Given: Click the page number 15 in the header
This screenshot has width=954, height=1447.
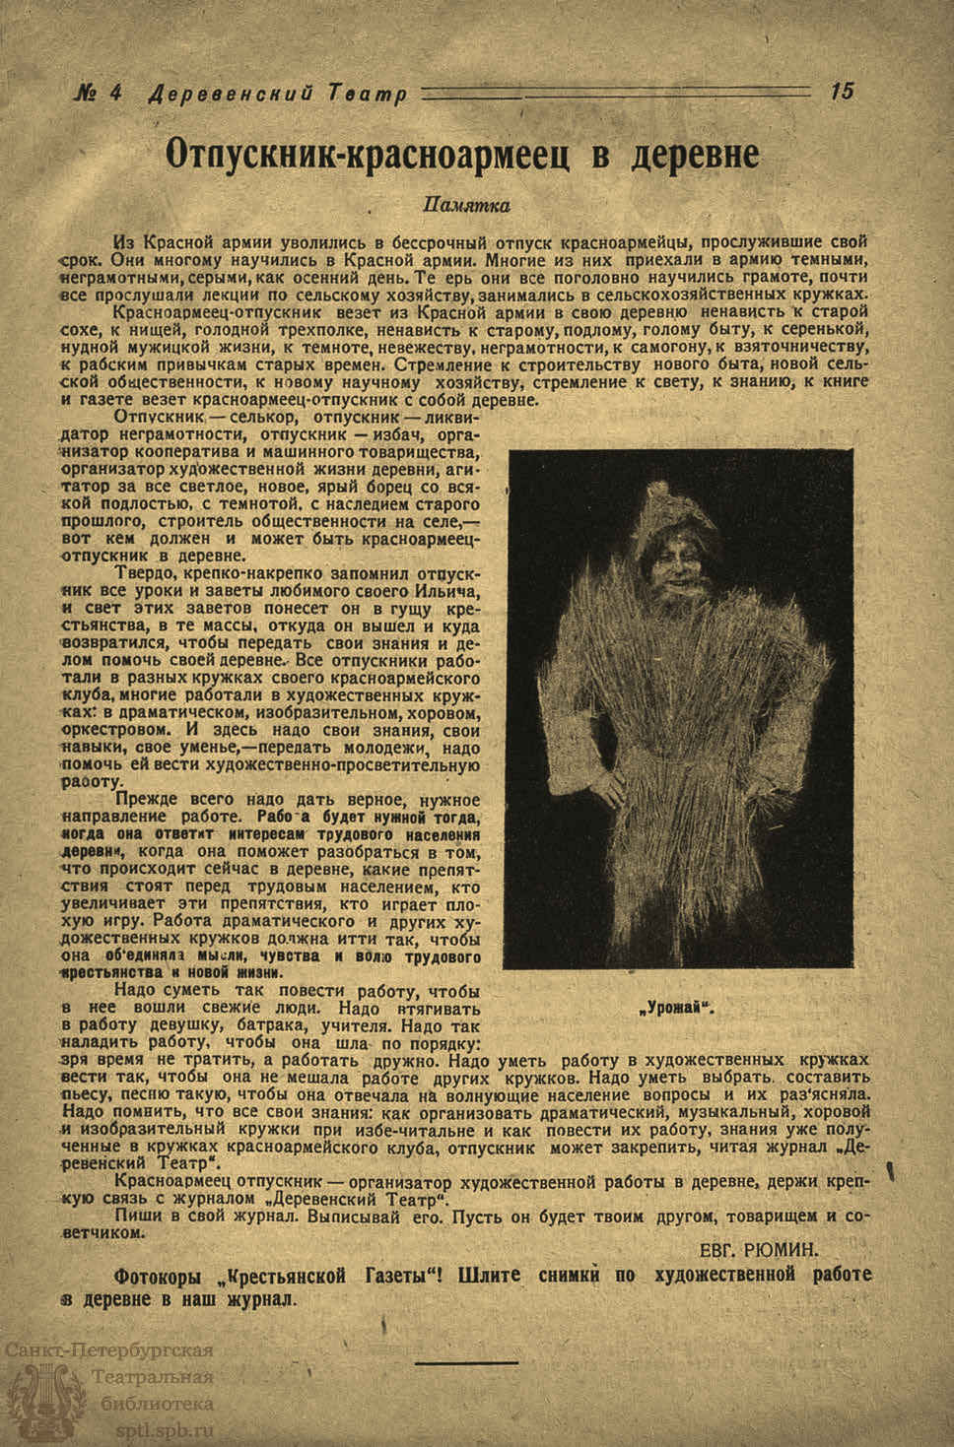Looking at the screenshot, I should point(842,92).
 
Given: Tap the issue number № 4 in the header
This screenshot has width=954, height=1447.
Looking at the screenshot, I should point(99,94).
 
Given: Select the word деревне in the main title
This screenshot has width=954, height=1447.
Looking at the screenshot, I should point(694,155).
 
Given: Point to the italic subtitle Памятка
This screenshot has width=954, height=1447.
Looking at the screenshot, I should point(465,206).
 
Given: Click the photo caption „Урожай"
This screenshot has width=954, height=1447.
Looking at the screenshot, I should point(680,1008).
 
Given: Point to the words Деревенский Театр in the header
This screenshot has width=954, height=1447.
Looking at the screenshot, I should point(276,95).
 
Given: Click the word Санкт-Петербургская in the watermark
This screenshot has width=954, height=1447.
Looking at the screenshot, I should point(108,1350).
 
